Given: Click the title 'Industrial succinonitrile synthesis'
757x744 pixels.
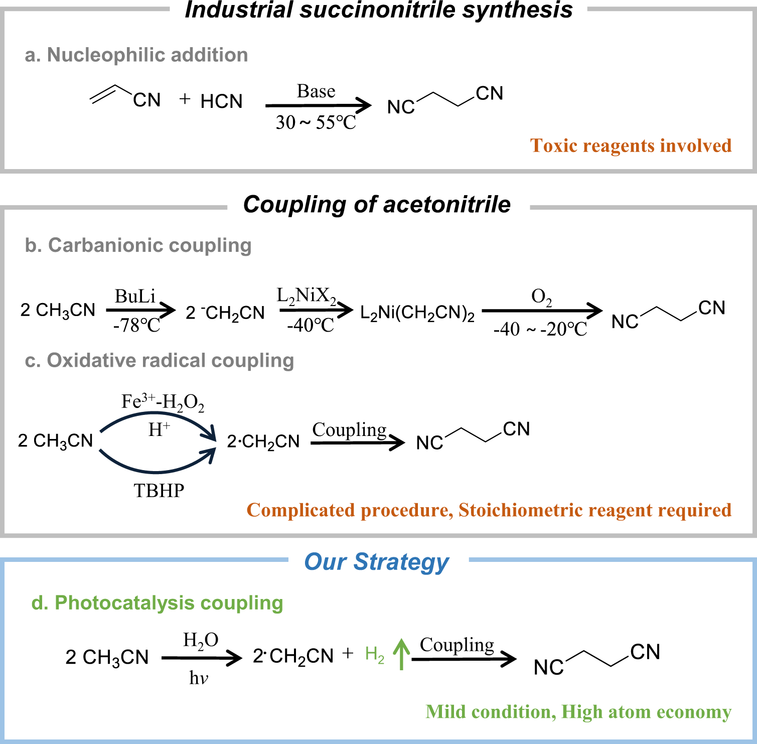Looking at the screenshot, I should click(x=378, y=10).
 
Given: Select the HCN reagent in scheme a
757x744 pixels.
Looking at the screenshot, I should click(x=221, y=101).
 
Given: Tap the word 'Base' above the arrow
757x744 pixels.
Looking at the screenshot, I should click(x=316, y=91).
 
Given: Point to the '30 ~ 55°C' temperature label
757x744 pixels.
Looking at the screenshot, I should click(x=316, y=122).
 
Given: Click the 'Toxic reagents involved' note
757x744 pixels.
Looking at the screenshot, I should click(x=631, y=145).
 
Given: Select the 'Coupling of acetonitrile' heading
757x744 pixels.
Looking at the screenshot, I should click(x=377, y=205).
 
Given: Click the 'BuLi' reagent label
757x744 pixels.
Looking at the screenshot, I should click(x=135, y=296).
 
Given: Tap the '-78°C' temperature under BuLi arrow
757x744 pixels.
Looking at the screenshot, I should click(x=136, y=326).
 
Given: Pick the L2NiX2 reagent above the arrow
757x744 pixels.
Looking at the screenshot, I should click(x=306, y=296).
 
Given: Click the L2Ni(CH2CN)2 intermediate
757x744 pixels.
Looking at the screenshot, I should click(x=417, y=313).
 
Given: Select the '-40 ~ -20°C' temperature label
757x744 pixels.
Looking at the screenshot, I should click(x=540, y=329).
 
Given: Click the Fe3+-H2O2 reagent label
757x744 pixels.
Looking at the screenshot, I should click(x=163, y=402).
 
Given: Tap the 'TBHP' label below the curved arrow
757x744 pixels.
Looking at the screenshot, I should click(x=159, y=490).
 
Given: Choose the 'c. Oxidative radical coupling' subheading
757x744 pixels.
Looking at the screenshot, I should click(x=159, y=360).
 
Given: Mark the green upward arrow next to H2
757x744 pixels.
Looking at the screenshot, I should click(x=401, y=654).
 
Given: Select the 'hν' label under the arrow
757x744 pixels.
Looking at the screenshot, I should click(x=199, y=678).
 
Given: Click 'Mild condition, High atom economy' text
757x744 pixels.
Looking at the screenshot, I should click(x=578, y=712).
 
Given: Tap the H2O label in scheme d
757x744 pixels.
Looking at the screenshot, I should click(x=201, y=640).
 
